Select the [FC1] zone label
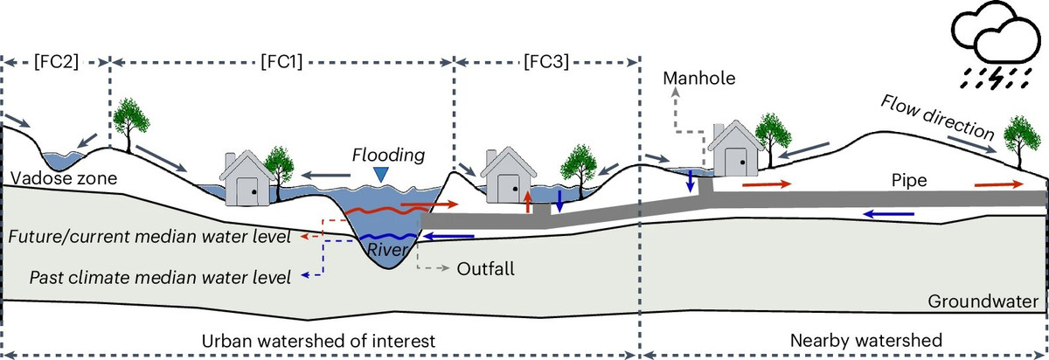pos(282,63)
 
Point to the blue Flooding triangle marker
pos(379,176)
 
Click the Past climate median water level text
pos(160,279)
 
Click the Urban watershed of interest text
pos(317,340)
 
